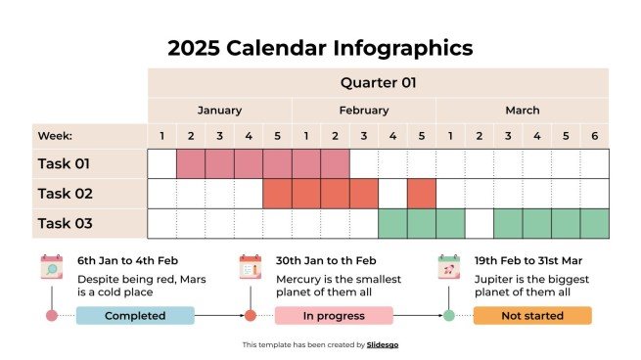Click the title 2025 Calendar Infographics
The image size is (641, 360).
pyautogui.click(x=320, y=48)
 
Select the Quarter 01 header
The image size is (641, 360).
pyautogui.click(x=378, y=83)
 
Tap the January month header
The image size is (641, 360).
pyautogui.click(x=219, y=111)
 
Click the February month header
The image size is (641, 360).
pyautogui.click(x=363, y=111)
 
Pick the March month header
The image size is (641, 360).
pyautogui.click(x=522, y=111)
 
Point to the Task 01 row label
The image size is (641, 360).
pyautogui.click(x=64, y=163)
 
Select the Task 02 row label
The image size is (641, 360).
pyautogui.click(x=64, y=194)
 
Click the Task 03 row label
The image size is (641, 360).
pyautogui.click(x=64, y=224)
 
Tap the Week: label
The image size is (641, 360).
pyautogui.click(x=55, y=137)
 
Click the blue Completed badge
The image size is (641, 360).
pyautogui.click(x=135, y=315)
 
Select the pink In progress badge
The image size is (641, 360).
pyautogui.click(x=334, y=315)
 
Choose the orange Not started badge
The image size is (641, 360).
pyautogui.click(x=532, y=315)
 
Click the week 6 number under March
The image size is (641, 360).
pyautogui.click(x=594, y=137)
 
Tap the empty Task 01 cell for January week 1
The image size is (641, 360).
pyautogui.click(x=161, y=163)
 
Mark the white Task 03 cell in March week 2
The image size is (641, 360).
pyautogui.click(x=479, y=224)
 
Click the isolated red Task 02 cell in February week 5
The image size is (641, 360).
pyautogui.click(x=421, y=194)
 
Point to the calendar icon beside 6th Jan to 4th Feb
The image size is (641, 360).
pyautogui.click(x=51, y=267)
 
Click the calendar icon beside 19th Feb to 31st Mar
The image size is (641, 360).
pyautogui.click(x=449, y=267)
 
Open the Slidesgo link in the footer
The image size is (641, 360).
pyautogui.click(x=383, y=344)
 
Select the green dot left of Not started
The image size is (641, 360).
pyautogui.click(x=449, y=315)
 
